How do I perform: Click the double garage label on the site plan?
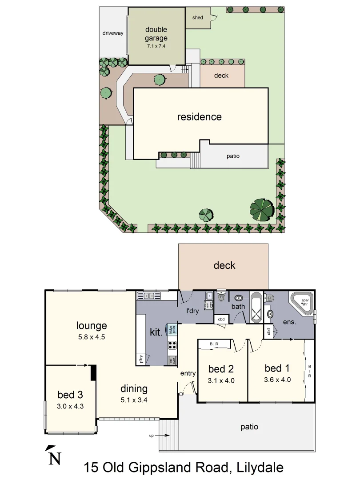156,34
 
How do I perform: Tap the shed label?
198,18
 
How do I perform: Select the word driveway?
113,33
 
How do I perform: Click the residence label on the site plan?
199,117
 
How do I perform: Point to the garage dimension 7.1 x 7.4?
156,46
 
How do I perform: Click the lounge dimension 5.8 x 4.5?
91,336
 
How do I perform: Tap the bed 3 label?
70,395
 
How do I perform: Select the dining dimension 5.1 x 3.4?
134,400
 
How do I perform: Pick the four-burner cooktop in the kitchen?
172,345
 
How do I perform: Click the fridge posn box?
172,329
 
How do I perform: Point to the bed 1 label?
277,368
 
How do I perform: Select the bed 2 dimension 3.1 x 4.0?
221,380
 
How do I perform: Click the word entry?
188,373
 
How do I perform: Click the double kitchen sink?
148,296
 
